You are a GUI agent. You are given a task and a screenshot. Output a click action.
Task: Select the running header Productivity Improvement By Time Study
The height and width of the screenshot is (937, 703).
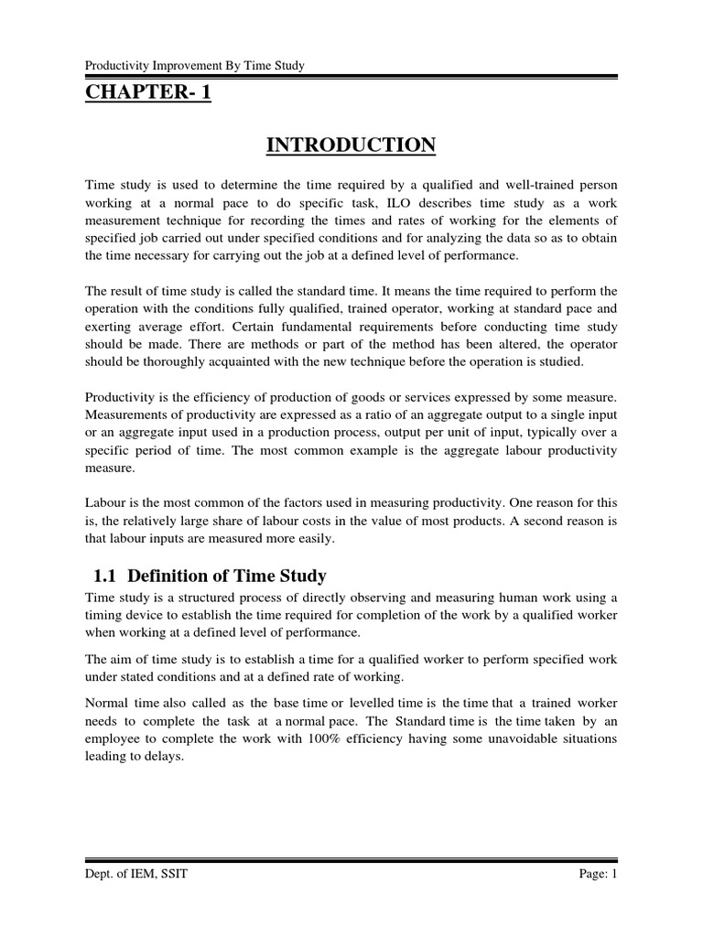pos(194,65)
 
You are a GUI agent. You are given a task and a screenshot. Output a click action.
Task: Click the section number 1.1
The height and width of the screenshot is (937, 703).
pos(106,576)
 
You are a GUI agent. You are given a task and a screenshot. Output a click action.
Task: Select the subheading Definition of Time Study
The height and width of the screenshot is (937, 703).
pos(227,576)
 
